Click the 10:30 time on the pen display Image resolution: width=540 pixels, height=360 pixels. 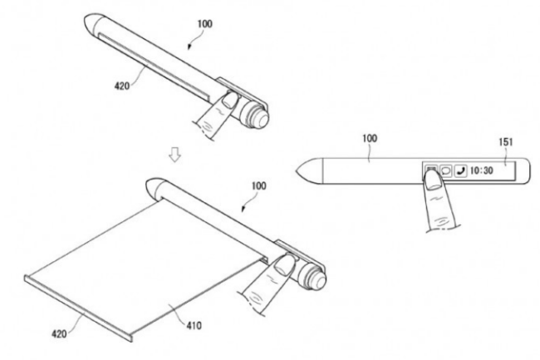(482, 170)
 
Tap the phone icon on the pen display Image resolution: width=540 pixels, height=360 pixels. (461, 170)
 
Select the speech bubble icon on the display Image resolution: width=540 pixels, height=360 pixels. (446, 170)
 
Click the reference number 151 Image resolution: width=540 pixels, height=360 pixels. (506, 142)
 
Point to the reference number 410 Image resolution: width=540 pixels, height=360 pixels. (194, 325)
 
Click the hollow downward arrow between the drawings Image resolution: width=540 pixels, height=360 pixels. (175, 155)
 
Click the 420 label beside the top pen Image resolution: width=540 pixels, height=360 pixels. (122, 86)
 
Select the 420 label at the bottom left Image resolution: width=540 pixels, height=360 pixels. (59, 333)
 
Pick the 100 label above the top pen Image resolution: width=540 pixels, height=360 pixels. (204, 24)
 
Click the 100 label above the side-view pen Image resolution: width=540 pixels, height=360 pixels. (370, 139)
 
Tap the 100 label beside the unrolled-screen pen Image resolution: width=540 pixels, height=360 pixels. (259, 186)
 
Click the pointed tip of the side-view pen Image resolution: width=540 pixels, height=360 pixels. (297, 171)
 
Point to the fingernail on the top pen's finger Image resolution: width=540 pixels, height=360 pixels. (229, 99)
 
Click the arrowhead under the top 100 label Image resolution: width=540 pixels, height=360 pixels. (189, 47)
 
